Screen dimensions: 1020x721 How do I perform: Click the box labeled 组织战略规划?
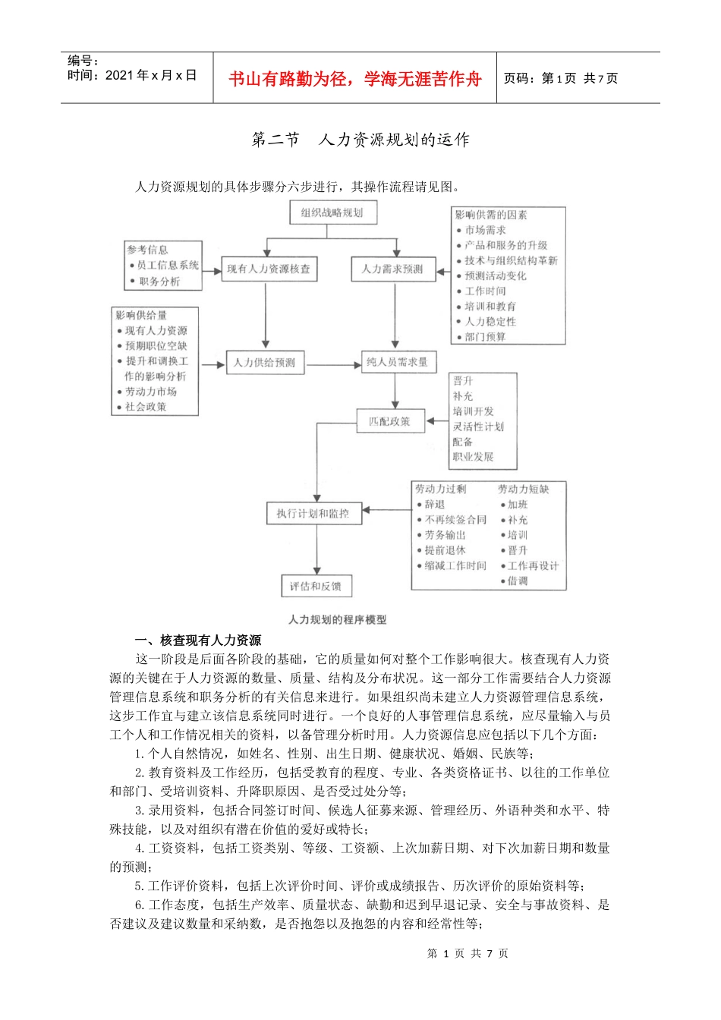click(332, 212)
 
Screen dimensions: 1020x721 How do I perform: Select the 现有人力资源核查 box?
click(269, 269)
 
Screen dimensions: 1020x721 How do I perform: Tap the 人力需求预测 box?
click(392, 269)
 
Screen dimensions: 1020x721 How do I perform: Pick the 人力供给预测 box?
click(265, 363)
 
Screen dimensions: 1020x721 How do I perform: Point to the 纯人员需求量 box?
click(397, 362)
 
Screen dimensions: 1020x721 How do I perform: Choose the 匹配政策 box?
click(389, 421)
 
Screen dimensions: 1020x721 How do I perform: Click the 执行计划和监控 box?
click(313, 514)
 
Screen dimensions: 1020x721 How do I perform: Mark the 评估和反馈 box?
click(316, 586)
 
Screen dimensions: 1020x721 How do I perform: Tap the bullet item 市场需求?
click(486, 230)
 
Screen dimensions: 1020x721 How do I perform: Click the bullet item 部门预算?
click(486, 337)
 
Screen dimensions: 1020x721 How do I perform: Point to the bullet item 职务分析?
click(159, 282)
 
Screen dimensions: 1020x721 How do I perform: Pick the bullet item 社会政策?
click(146, 407)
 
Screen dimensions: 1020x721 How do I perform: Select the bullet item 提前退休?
click(446, 550)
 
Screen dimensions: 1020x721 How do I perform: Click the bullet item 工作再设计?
click(533, 566)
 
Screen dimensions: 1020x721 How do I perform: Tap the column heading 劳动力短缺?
click(523, 490)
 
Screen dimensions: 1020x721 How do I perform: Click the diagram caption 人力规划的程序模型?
click(338, 620)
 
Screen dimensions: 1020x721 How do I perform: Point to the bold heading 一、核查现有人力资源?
click(198, 641)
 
